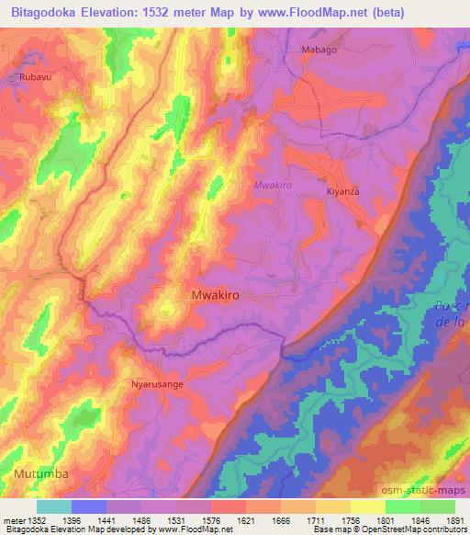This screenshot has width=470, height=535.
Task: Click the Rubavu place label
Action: (35, 78)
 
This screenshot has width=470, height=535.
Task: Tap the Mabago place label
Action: (319, 50)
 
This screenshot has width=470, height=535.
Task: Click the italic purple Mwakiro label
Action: (272, 185)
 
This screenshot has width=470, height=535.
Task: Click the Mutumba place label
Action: (41, 473)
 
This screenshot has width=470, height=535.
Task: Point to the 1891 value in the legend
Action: (453, 520)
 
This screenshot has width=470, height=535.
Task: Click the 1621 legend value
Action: (246, 520)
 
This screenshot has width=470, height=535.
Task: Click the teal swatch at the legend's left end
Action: (54, 507)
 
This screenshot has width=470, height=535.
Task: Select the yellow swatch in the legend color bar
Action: (367, 507)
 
